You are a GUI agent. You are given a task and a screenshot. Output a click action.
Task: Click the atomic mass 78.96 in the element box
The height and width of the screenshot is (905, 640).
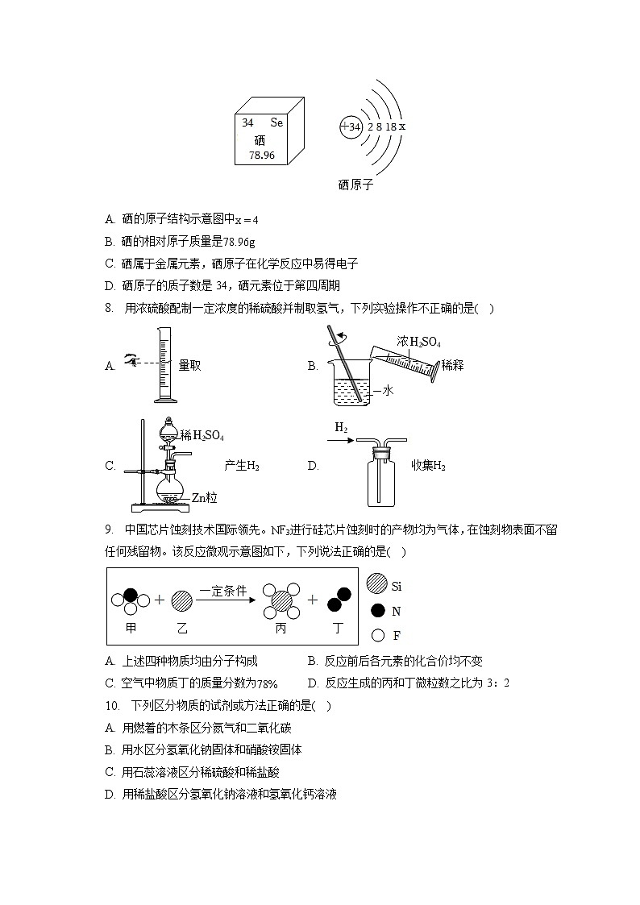tap(262, 155)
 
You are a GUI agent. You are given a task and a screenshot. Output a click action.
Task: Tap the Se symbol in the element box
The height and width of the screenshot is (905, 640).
tap(276, 123)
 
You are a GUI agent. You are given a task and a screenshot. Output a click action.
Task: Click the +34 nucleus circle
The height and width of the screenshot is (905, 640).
tap(351, 127)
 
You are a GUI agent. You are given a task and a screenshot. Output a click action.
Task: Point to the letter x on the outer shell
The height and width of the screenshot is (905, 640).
tap(401, 127)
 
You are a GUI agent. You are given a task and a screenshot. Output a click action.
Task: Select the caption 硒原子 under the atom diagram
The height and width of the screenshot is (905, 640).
tap(355, 185)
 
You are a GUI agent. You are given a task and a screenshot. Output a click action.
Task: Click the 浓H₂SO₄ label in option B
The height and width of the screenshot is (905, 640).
tap(418, 342)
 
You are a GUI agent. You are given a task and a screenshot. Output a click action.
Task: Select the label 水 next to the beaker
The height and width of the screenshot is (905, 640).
tap(386, 390)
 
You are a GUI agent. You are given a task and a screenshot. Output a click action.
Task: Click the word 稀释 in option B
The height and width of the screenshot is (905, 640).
tap(452, 365)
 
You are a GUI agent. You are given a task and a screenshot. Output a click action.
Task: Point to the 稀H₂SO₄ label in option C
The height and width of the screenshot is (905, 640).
tap(202, 436)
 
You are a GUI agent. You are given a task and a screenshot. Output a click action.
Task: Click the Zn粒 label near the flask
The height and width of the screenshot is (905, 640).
tap(204, 498)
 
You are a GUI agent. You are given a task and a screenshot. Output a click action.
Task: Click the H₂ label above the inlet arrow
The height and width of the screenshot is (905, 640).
tap(342, 429)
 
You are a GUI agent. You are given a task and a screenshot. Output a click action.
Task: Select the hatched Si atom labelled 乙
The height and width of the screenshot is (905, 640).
tap(182, 601)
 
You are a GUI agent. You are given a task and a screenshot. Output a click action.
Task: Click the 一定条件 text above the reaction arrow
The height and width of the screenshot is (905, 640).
tap(223, 590)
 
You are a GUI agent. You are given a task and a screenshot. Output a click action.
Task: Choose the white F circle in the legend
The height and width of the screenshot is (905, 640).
tap(376, 635)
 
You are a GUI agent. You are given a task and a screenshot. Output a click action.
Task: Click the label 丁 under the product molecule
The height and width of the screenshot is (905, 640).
tap(339, 628)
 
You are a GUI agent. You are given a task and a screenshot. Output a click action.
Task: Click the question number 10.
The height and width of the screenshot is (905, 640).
tap(112, 705)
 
